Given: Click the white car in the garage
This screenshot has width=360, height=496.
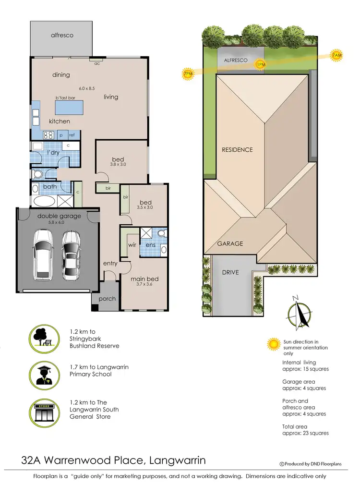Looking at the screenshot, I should pyautogui.click(x=43, y=255).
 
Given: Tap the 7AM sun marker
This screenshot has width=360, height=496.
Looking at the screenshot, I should pyautogui.click(x=337, y=56).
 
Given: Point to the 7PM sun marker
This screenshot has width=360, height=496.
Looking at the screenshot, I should pyautogui.click(x=188, y=74).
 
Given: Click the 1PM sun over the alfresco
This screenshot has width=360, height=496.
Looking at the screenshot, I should pyautogui.click(x=261, y=64).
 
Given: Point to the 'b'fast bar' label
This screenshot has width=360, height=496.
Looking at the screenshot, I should pyautogui.click(x=66, y=98).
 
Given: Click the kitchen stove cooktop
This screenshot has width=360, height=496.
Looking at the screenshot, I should pyautogui.click(x=49, y=135).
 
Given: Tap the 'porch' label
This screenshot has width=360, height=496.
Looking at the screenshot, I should pyautogui.click(x=107, y=299).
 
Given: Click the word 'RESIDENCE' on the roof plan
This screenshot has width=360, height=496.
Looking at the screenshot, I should pyautogui.click(x=237, y=150).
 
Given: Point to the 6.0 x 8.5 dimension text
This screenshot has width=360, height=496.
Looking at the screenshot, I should pyautogui.click(x=87, y=88).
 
